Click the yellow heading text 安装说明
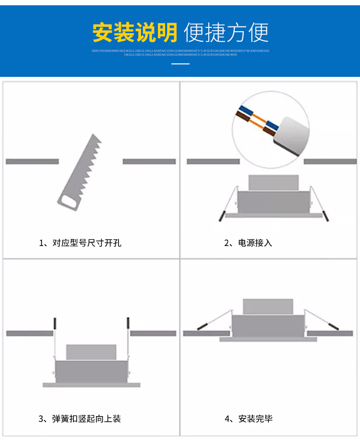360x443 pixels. click(x=135, y=32)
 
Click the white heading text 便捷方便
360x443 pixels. click(x=226, y=32)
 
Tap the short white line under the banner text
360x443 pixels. click(x=180, y=63)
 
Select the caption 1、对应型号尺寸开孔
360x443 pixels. click(x=80, y=243)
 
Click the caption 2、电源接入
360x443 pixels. click(x=248, y=243)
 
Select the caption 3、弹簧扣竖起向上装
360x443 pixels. click(x=80, y=419)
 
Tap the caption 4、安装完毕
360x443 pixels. click(x=249, y=419)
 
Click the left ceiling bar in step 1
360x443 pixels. click(x=32, y=161)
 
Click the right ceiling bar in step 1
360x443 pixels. click(x=149, y=161)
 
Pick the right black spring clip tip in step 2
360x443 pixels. click(x=326, y=215)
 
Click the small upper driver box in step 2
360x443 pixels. click(x=274, y=182)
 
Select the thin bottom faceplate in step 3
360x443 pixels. click(x=91, y=385)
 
